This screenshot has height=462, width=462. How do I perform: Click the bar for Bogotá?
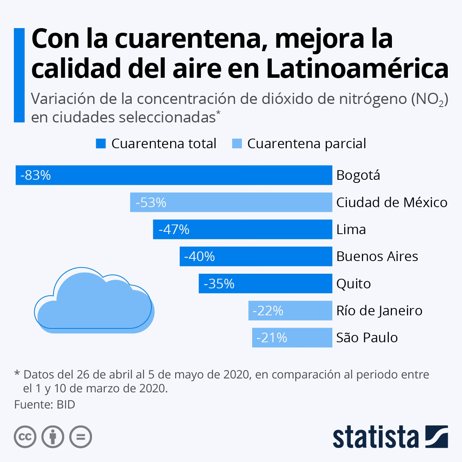click(173, 175)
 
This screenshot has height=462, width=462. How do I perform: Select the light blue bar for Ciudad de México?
click(231, 203)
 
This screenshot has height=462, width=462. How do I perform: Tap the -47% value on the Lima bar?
click(174, 229)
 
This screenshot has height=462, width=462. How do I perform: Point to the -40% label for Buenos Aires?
click(199, 256)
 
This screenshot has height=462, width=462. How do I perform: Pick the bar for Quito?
click(265, 284)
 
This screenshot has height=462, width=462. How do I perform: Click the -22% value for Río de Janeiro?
click(268, 311)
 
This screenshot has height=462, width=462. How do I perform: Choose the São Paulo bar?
click(292, 338)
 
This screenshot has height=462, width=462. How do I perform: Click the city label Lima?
click(351, 229)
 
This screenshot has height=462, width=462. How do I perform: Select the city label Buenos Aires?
click(377, 256)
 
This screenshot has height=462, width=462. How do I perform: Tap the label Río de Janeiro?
click(379, 311)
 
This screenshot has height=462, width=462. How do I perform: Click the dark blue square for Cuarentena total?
click(101, 144)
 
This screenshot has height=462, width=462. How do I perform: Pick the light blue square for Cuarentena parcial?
click(237, 144)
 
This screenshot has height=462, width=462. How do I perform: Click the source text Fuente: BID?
click(45, 405)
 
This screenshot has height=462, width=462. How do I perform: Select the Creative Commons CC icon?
click(25, 437)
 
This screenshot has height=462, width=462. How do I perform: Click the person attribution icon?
click(53, 437)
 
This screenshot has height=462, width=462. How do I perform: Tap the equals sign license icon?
click(80, 437)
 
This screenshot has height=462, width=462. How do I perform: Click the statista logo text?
click(376, 437)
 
